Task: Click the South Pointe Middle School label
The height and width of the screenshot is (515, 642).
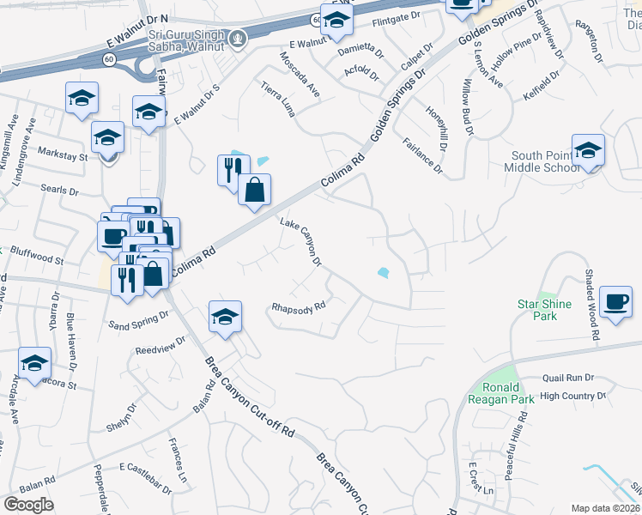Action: pos(545,161)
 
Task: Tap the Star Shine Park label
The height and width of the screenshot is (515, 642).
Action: pos(538,310)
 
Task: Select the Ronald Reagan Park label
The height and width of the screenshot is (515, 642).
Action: pos(501,392)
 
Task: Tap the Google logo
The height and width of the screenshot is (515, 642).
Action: pos(28,505)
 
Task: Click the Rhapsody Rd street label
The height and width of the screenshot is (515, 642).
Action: pos(299,306)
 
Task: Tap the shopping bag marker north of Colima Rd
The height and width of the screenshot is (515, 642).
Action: pos(254,191)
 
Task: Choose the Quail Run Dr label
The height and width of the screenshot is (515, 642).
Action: pos(568,377)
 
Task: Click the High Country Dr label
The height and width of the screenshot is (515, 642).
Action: pos(573,396)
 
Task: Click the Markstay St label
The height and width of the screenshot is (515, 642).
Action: pos(64,156)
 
